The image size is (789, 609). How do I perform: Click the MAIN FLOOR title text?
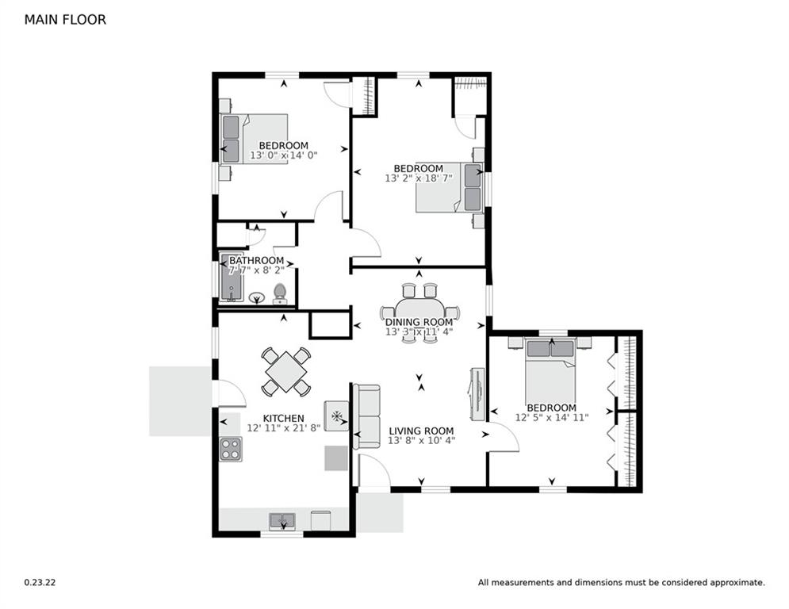point(65,20)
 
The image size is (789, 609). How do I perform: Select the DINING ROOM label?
point(419,322)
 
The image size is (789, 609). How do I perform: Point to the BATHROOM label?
point(256,260)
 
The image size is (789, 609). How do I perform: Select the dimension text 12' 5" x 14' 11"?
point(551,417)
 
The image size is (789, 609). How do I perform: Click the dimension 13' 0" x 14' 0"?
point(283,156)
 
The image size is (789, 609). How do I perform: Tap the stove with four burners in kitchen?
point(230,450)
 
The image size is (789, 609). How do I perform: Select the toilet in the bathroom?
point(279,293)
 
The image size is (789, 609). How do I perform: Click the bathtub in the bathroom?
point(230,278)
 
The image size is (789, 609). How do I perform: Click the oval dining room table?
point(419,312)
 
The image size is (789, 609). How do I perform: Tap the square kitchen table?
point(285,370)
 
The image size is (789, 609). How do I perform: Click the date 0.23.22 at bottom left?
point(40,582)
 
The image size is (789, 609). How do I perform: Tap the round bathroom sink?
point(258,298)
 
